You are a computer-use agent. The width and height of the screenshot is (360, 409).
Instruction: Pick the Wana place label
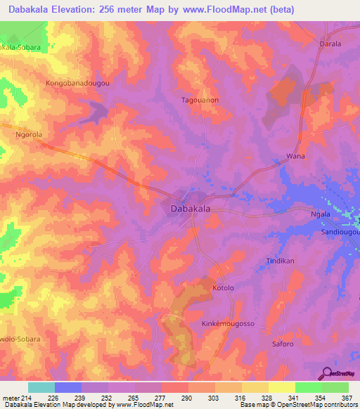(x=295, y=156)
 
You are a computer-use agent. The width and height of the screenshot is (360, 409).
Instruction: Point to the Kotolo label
(x=223, y=288)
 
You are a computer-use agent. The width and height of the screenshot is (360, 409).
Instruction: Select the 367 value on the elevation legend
(x=347, y=398)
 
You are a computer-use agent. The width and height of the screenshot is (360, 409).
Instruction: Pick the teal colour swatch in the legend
(x=41, y=387)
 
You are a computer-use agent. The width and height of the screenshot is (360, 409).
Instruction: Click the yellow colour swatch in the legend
(x=281, y=387)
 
